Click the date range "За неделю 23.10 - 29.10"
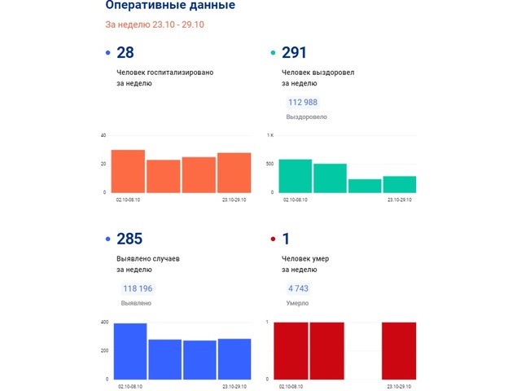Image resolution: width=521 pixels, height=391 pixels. [x=154, y=24]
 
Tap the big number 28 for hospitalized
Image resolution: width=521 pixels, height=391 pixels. [x=125, y=53]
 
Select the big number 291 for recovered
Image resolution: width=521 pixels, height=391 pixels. [x=294, y=53]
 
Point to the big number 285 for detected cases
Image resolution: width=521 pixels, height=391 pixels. [x=129, y=239]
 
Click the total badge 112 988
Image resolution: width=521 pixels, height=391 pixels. [x=303, y=103]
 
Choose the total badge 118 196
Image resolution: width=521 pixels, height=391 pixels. [x=137, y=288]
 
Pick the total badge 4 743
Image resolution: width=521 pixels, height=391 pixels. [x=298, y=288]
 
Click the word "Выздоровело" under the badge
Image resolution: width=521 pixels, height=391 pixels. [x=306, y=117]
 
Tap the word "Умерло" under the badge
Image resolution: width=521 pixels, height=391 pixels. [x=297, y=303]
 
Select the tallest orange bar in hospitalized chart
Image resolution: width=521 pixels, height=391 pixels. [x=128, y=171]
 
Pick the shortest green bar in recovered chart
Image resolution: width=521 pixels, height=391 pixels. [x=365, y=186]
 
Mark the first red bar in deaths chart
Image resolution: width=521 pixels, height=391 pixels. [x=291, y=351]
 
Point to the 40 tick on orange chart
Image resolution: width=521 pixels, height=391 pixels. [x=103, y=135]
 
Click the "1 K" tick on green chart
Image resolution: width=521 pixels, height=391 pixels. [x=270, y=135]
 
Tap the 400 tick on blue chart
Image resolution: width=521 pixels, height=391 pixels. [x=103, y=323]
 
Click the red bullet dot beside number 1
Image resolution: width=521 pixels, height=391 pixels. [x=273, y=239]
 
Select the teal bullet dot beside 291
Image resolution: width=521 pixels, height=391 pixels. [x=273, y=54]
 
